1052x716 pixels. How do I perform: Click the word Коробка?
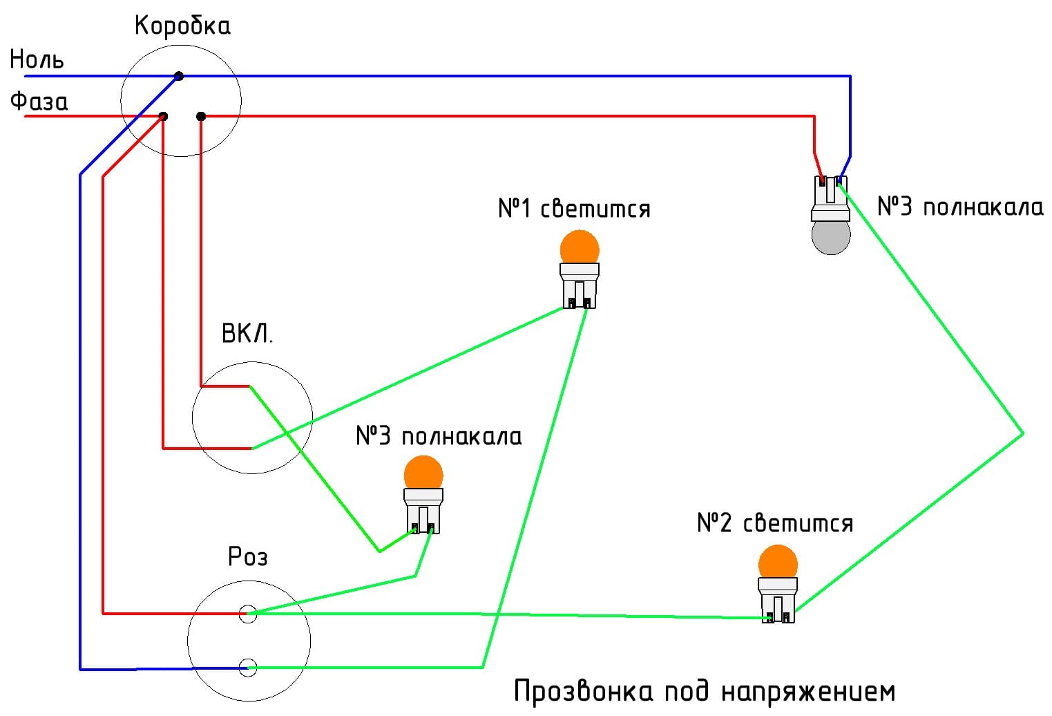(182, 26)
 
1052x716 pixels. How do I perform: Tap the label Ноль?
(37, 60)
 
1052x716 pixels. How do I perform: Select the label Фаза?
(39, 102)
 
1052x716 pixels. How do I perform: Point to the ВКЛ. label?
(247, 335)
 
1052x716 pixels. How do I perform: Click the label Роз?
(247, 557)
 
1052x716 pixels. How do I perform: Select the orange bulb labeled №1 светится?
(580, 248)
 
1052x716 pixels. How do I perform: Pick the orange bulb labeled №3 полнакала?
(423, 473)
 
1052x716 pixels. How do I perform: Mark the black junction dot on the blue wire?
(179, 76)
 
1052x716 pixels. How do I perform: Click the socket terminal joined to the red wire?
(247, 613)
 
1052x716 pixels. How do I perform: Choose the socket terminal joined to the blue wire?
(247, 668)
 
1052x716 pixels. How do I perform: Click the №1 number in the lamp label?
(515, 208)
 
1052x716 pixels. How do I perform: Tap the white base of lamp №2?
(778, 600)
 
